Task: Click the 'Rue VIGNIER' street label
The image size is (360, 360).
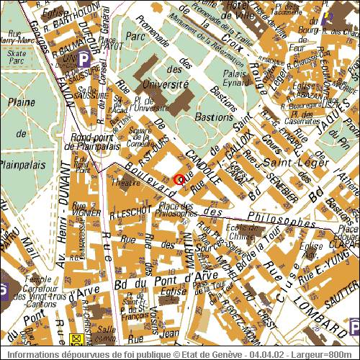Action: [x=85, y=213]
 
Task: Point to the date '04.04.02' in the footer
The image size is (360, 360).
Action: [x=274, y=354]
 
